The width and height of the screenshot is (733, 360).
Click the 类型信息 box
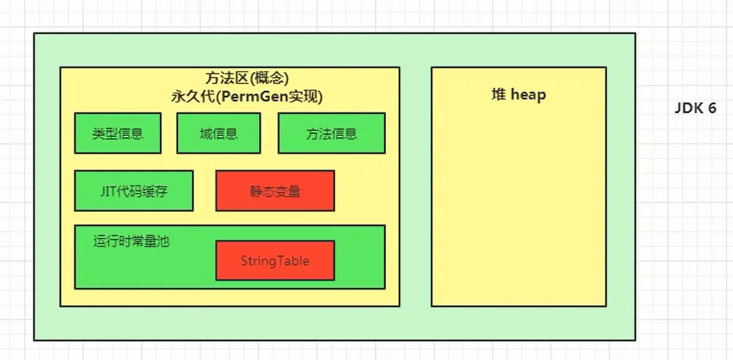click(118, 133)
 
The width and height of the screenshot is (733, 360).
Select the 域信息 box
click(218, 133)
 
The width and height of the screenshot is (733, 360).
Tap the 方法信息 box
click(331, 133)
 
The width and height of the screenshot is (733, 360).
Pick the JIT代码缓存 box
click(134, 191)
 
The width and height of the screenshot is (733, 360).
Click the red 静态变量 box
click(275, 191)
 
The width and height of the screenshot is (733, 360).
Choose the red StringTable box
click(275, 260)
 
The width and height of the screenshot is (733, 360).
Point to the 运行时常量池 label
click(131, 241)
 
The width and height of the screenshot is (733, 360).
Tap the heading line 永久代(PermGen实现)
click(246, 97)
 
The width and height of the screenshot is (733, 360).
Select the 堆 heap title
click(518, 95)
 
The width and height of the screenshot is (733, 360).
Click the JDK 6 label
click(695, 108)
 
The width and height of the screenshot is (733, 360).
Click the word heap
click(529, 95)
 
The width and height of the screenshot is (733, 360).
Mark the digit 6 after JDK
click(712, 108)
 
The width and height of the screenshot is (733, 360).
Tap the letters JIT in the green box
click(108, 191)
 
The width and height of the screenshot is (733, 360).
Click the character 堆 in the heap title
click(498, 95)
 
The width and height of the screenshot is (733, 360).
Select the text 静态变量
click(275, 191)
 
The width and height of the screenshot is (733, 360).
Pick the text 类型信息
click(118, 134)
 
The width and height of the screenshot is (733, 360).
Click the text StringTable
click(275, 261)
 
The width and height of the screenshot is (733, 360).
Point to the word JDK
click(689, 108)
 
